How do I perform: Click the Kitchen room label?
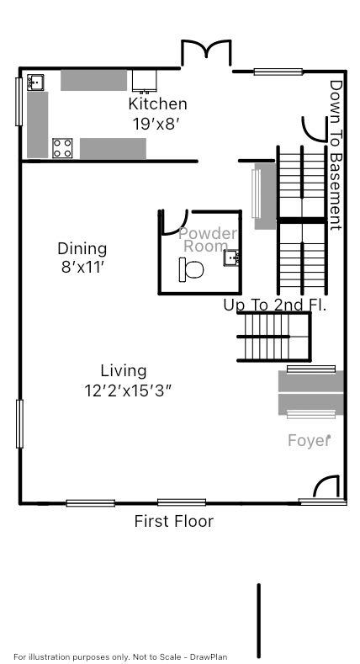[157, 104]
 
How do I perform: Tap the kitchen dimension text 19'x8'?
[157, 123]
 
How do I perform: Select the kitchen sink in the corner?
[35, 82]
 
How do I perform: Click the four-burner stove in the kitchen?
[62, 148]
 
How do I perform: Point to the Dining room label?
[82, 248]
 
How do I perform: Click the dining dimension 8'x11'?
[82, 267]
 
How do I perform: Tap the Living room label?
[123, 370]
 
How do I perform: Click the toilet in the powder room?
[191, 270]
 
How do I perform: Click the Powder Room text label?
[207, 239]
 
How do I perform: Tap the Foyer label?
[309, 440]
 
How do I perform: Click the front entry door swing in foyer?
[326, 487]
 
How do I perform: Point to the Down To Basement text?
[336, 155]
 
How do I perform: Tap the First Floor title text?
[173, 521]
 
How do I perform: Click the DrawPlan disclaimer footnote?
[120, 656]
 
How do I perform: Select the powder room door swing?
[172, 220]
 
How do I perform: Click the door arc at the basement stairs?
[312, 126]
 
